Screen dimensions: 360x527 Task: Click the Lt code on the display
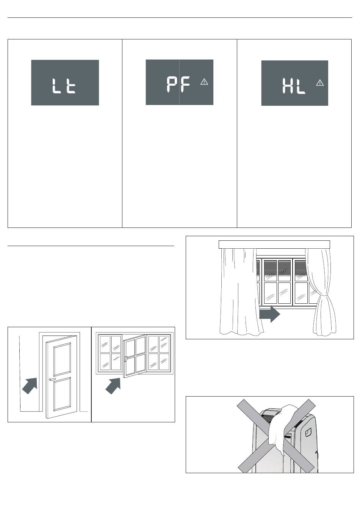(64, 86)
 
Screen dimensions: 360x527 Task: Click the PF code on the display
(178, 85)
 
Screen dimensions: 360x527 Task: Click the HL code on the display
(294, 86)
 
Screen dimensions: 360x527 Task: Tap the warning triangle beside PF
(204, 82)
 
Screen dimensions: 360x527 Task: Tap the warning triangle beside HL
(320, 83)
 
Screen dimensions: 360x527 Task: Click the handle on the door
(51, 379)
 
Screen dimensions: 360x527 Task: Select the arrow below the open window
(113, 386)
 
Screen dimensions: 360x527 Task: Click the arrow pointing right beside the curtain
(270, 314)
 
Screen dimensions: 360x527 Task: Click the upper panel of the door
(62, 359)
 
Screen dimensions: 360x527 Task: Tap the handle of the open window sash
(125, 359)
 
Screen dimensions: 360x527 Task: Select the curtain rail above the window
(274, 245)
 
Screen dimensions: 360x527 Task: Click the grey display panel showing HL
(294, 83)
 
